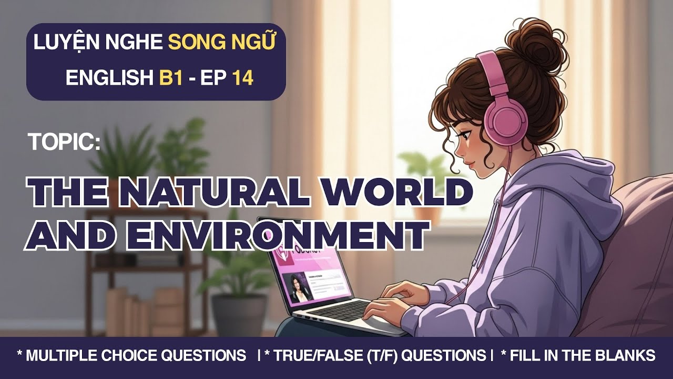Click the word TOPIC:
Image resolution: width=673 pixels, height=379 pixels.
pyautogui.click(x=63, y=142)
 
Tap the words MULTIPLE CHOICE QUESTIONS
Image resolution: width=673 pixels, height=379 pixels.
pyautogui.click(x=136, y=356)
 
